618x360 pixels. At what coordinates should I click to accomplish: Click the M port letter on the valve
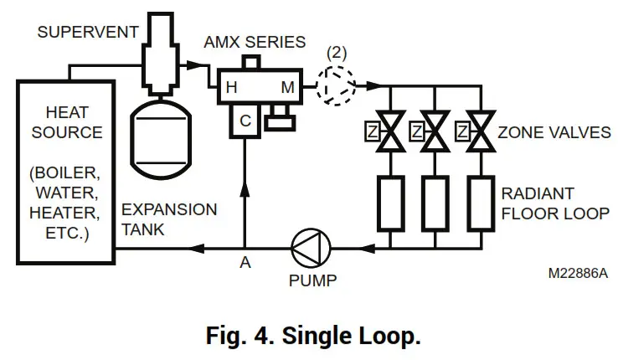[x=287, y=86]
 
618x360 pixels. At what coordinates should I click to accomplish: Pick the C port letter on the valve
[x=245, y=121]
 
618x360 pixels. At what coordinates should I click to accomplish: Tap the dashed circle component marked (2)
[x=337, y=84]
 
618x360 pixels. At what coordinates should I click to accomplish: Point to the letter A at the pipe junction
[x=245, y=264]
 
